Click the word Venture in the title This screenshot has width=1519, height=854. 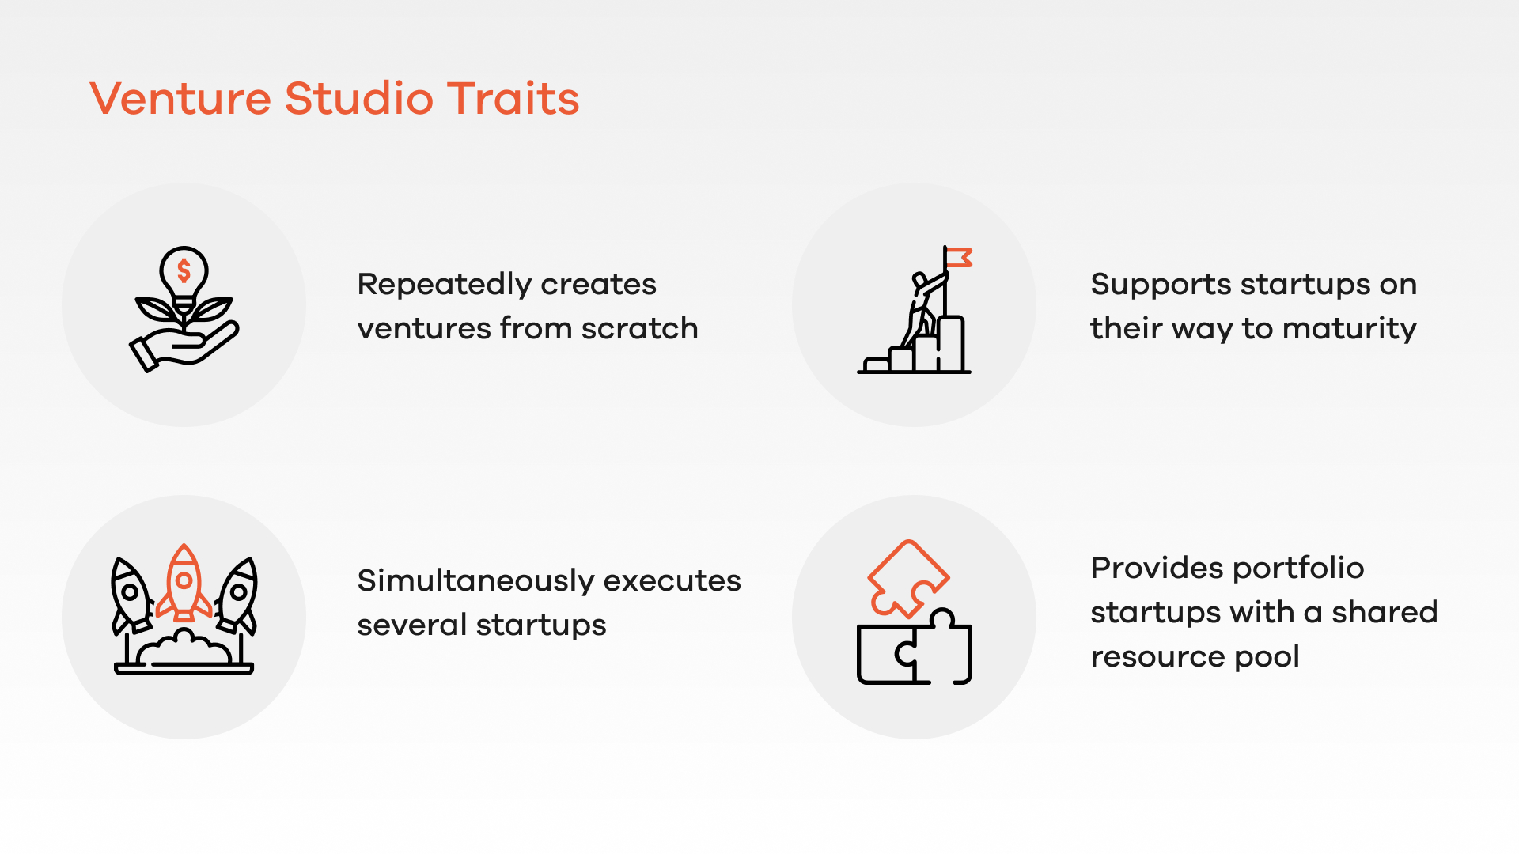tap(180, 99)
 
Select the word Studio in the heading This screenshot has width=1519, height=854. tap(359, 99)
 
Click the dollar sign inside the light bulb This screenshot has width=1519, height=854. tap(184, 270)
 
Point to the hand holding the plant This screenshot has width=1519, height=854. tap(184, 346)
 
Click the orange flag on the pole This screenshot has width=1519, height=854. tap(959, 258)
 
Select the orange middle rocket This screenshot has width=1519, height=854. tap(184, 583)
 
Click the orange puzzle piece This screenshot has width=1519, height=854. tap(908, 578)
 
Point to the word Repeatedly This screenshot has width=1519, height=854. tap(440, 285)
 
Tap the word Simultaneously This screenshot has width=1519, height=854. tap(475, 581)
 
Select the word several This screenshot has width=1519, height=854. tap(412, 625)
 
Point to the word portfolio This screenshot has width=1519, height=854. tap(1298, 568)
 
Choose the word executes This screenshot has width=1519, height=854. tap(672, 581)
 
